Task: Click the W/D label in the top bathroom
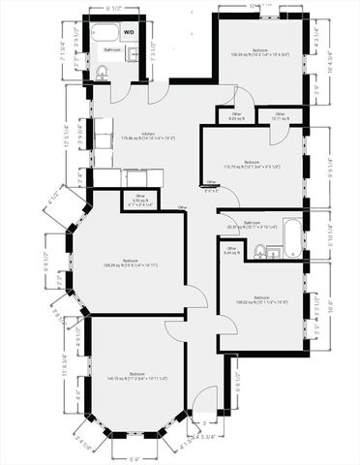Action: click(x=128, y=30)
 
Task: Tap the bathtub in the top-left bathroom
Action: click(x=105, y=33)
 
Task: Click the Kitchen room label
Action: click(x=149, y=136)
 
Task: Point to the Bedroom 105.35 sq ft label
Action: click(x=260, y=52)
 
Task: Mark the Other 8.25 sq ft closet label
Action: click(x=236, y=116)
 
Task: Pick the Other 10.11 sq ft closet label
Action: click(x=280, y=116)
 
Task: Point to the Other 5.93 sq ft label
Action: click(x=139, y=201)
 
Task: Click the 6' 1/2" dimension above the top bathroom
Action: click(x=112, y=8)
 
